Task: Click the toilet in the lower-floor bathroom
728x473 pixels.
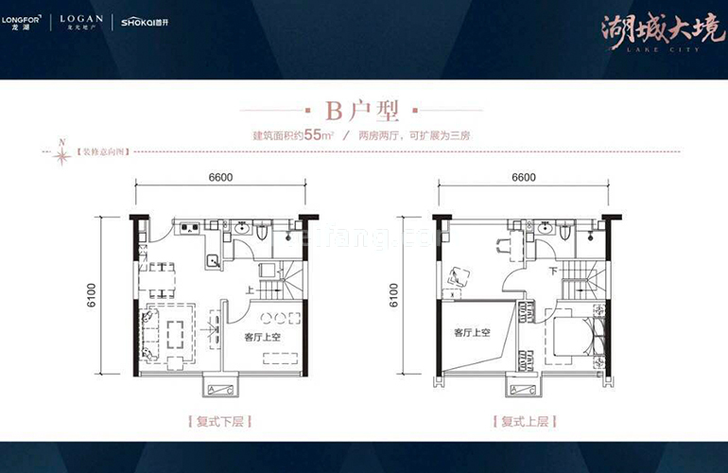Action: pyautogui.click(x=264, y=232)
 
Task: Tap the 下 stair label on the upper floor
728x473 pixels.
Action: pyautogui.click(x=553, y=271)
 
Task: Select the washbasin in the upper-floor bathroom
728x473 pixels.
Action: pyautogui.click(x=546, y=229)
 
